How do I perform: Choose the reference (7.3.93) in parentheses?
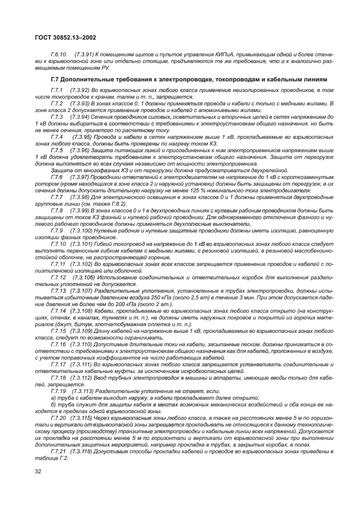(81, 103)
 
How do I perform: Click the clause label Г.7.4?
(56, 137)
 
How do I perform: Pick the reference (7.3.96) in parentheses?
(81, 150)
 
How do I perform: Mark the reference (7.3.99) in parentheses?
(81, 210)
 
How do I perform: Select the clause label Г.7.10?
(58, 244)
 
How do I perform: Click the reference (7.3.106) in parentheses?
(83, 278)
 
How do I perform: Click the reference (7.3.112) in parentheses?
(83, 377)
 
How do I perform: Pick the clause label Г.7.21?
(58, 452)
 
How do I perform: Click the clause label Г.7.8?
(56, 210)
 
